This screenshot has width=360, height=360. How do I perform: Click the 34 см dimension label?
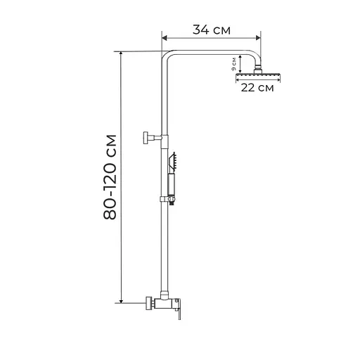(212, 30)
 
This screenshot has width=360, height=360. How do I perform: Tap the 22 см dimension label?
(257, 88)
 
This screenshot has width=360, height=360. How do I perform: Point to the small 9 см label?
(233, 64)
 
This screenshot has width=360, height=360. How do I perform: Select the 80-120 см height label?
(110, 177)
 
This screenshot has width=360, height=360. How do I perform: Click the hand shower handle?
(172, 185)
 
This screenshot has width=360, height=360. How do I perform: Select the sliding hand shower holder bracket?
(168, 200)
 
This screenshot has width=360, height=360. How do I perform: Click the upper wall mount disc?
(146, 138)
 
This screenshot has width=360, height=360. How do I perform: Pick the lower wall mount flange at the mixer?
(149, 303)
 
